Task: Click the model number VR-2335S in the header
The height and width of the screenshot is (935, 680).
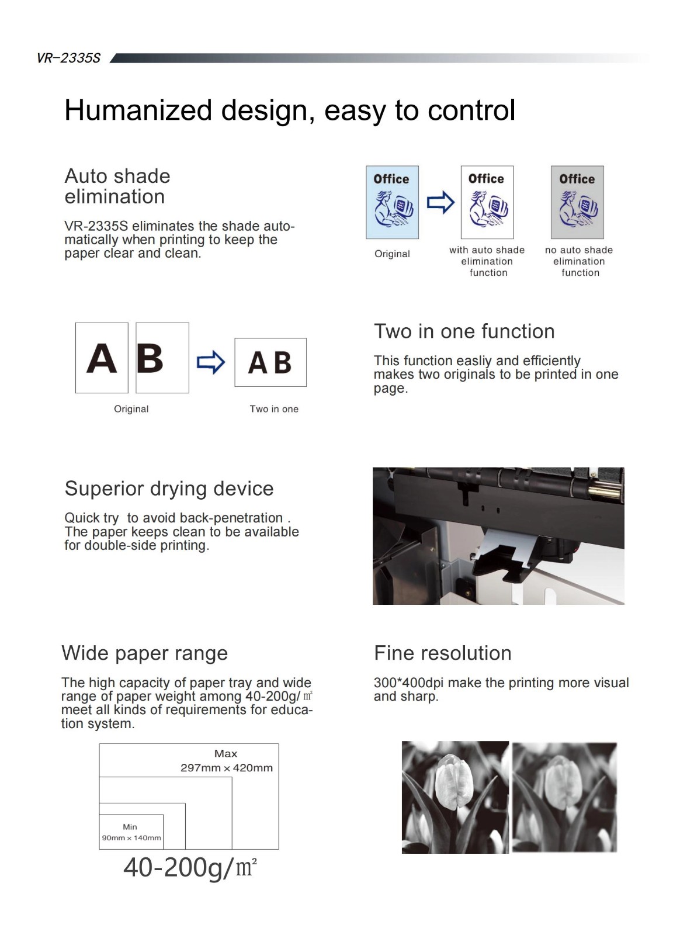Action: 68,58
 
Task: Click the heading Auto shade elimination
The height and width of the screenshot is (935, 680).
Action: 117,186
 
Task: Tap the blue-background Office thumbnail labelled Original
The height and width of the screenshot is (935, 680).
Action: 392,202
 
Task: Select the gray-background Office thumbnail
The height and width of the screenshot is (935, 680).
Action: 577,202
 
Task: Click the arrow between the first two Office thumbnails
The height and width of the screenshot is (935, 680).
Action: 440,202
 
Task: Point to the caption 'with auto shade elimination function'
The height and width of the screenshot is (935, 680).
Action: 487,261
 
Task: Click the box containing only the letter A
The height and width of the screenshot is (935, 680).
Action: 102,358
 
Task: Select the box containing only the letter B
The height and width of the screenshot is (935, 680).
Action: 162,358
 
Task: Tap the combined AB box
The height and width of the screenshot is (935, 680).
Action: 270,362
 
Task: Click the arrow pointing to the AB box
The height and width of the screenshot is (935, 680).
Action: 211,362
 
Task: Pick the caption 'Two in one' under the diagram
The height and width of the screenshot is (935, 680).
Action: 274,409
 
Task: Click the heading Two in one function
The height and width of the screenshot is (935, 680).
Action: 464,331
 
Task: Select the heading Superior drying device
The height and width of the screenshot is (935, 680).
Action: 169,489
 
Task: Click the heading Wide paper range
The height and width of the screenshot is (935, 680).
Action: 144,653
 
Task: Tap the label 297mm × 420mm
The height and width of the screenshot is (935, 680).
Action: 226,768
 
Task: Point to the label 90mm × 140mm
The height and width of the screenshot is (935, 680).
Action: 131,838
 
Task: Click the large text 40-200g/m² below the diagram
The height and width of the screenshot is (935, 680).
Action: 190,867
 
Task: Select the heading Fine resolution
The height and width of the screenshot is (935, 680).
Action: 442,653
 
